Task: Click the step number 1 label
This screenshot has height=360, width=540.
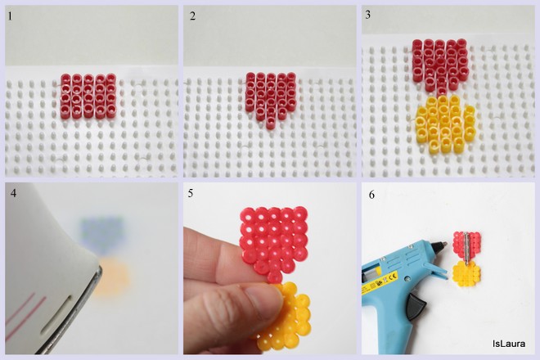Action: [11, 16]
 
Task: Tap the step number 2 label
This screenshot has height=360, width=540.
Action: [192, 16]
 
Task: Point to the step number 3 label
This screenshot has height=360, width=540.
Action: [368, 15]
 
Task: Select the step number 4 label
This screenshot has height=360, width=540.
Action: [13, 193]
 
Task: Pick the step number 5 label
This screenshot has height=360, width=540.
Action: [191, 194]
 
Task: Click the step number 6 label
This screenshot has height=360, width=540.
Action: [371, 195]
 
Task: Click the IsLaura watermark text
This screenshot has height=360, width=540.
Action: [509, 344]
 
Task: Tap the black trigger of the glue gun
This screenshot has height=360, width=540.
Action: [416, 304]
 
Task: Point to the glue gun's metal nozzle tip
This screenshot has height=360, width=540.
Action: [444, 245]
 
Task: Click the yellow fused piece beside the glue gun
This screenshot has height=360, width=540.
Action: [466, 274]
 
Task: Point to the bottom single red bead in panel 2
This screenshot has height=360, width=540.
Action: [271, 124]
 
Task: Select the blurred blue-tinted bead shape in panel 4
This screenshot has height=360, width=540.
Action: [102, 234]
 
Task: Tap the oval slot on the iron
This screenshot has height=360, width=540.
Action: [56, 315]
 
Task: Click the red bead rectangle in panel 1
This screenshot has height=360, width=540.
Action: [88, 96]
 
